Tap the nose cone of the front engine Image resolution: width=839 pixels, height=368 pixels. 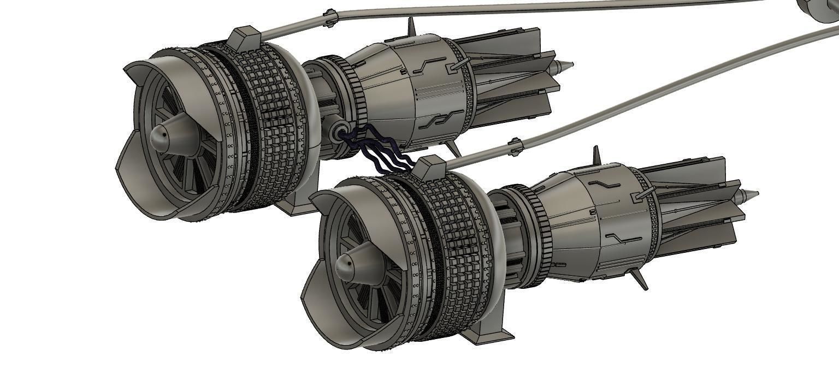[348, 265]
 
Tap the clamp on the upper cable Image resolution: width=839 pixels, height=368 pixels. [329, 17]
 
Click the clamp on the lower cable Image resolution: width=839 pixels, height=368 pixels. [515, 146]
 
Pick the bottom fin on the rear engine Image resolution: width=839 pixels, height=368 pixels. [452, 147]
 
